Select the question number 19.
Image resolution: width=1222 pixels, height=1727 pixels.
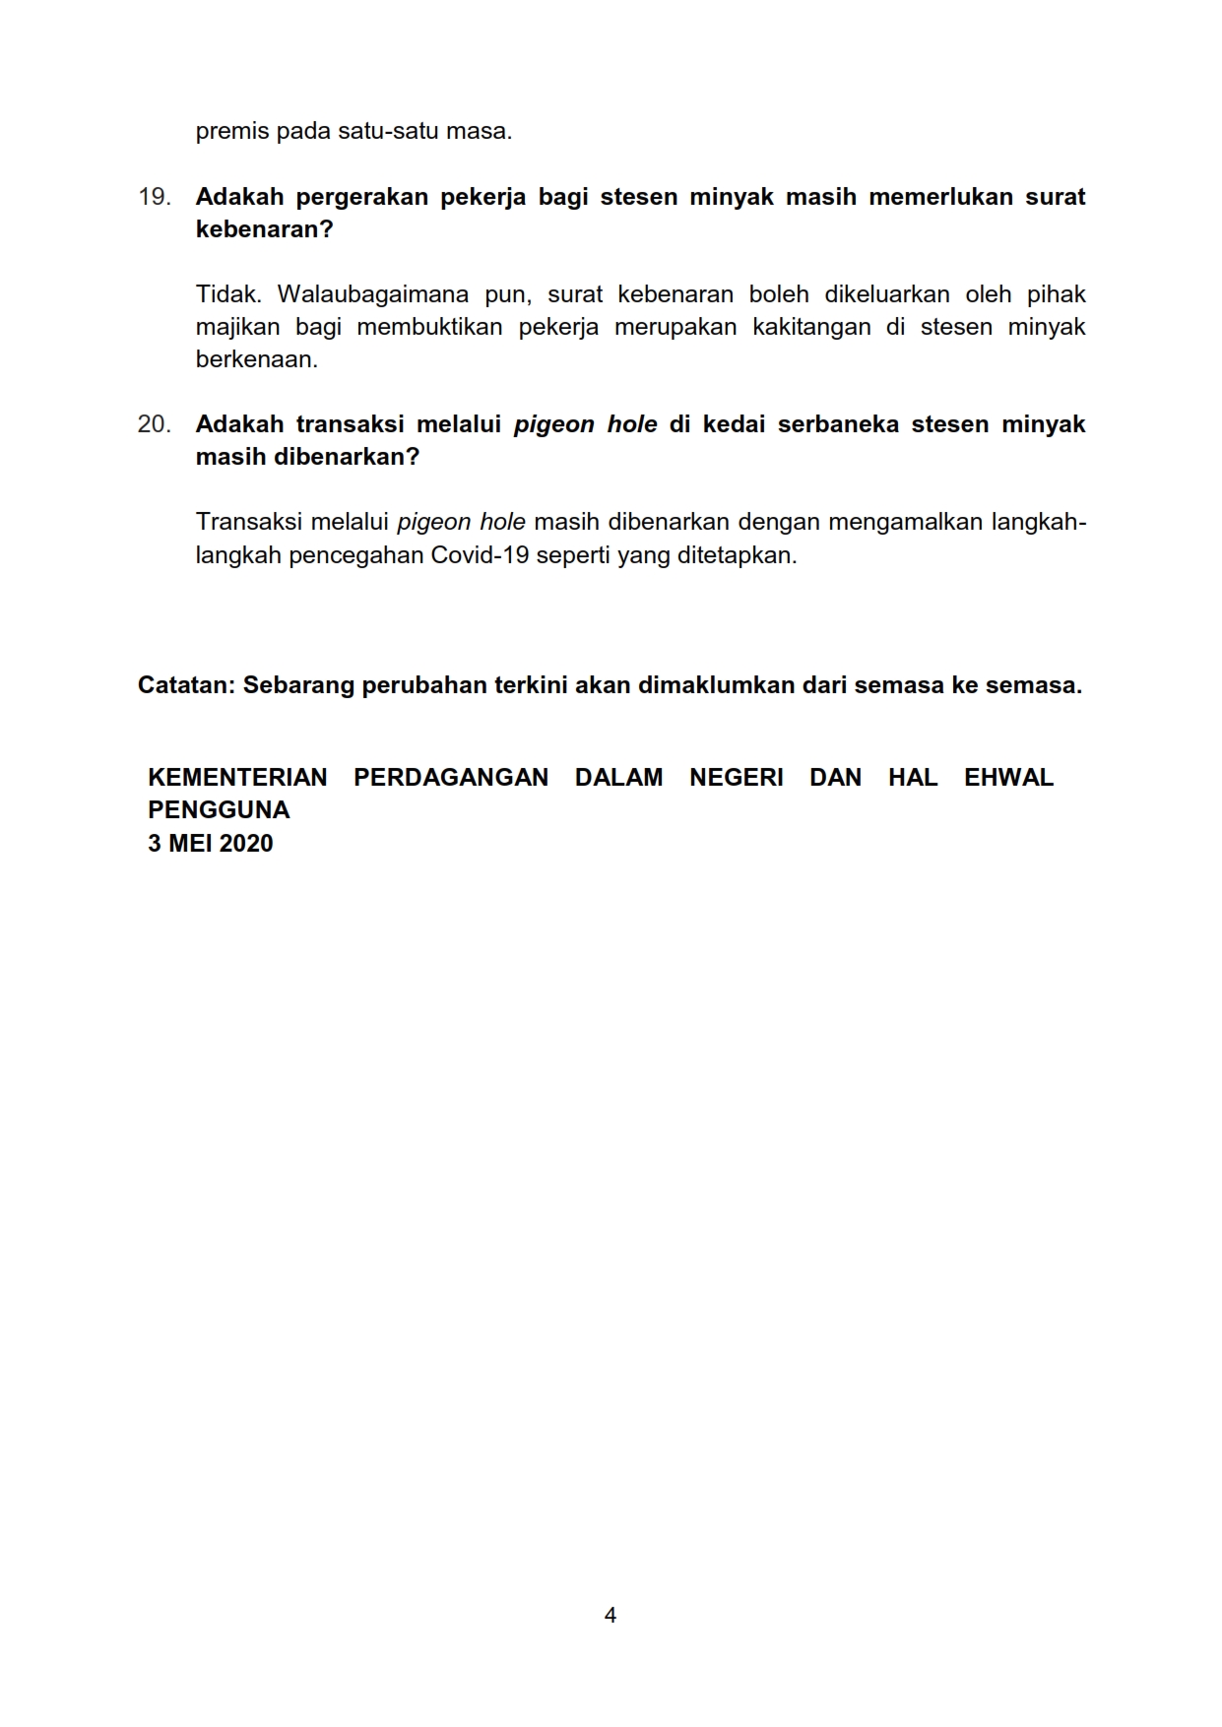tap(154, 197)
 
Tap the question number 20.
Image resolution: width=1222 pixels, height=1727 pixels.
tap(154, 424)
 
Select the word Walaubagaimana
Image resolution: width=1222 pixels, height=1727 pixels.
tap(372, 294)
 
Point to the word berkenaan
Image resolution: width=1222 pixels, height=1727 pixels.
tap(256, 359)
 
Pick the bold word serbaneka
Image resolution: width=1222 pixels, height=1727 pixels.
tap(838, 424)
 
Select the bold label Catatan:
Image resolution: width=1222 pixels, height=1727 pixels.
tap(186, 685)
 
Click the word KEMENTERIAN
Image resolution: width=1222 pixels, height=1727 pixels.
tap(237, 778)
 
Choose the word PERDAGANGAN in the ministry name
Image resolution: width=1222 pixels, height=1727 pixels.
tap(451, 778)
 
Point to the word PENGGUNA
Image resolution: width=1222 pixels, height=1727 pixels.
tap(219, 810)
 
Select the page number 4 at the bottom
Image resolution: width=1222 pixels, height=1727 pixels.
tap(611, 1615)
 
